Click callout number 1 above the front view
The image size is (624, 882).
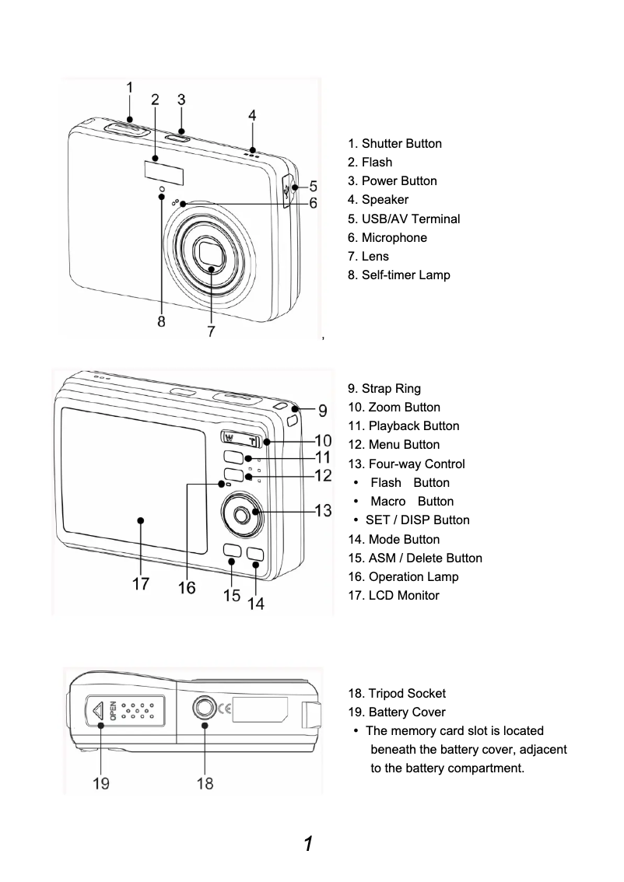tap(130, 89)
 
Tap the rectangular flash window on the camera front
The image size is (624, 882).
tap(164, 171)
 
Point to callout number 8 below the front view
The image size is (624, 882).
tap(161, 322)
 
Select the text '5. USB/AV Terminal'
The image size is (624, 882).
tap(404, 219)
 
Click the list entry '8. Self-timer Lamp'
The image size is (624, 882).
tap(398, 275)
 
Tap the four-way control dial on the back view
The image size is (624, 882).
tap(242, 513)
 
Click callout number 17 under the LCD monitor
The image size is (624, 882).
tap(140, 584)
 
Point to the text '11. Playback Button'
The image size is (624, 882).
tap(403, 425)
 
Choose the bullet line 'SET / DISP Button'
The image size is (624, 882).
tap(417, 520)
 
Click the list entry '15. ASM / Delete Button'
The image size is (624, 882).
tap(415, 558)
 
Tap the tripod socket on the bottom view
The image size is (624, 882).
tap(204, 708)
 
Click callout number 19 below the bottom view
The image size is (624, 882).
tap(101, 783)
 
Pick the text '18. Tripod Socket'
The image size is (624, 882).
tap(396, 693)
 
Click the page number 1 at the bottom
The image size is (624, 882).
tap(309, 844)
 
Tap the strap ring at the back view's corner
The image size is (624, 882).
tap(292, 420)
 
